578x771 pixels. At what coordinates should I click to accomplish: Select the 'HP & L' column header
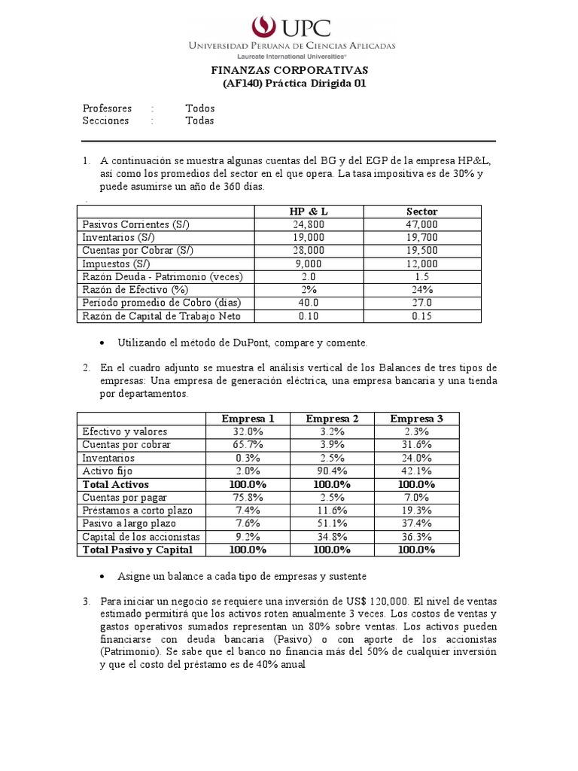[309, 212]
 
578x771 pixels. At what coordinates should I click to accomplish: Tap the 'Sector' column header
[421, 212]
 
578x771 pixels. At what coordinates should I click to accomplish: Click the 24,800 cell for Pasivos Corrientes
[309, 224]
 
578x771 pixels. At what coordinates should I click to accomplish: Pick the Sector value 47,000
[421, 224]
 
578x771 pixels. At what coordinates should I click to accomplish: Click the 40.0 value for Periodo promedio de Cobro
[309, 303]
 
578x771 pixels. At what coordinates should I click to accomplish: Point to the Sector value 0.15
[421, 315]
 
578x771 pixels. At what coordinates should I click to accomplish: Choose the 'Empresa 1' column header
[248, 419]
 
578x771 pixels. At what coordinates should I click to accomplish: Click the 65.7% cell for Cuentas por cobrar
[248, 445]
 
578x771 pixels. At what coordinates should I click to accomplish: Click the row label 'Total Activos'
[116, 484]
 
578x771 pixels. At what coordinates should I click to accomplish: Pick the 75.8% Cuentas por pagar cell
[248, 498]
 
